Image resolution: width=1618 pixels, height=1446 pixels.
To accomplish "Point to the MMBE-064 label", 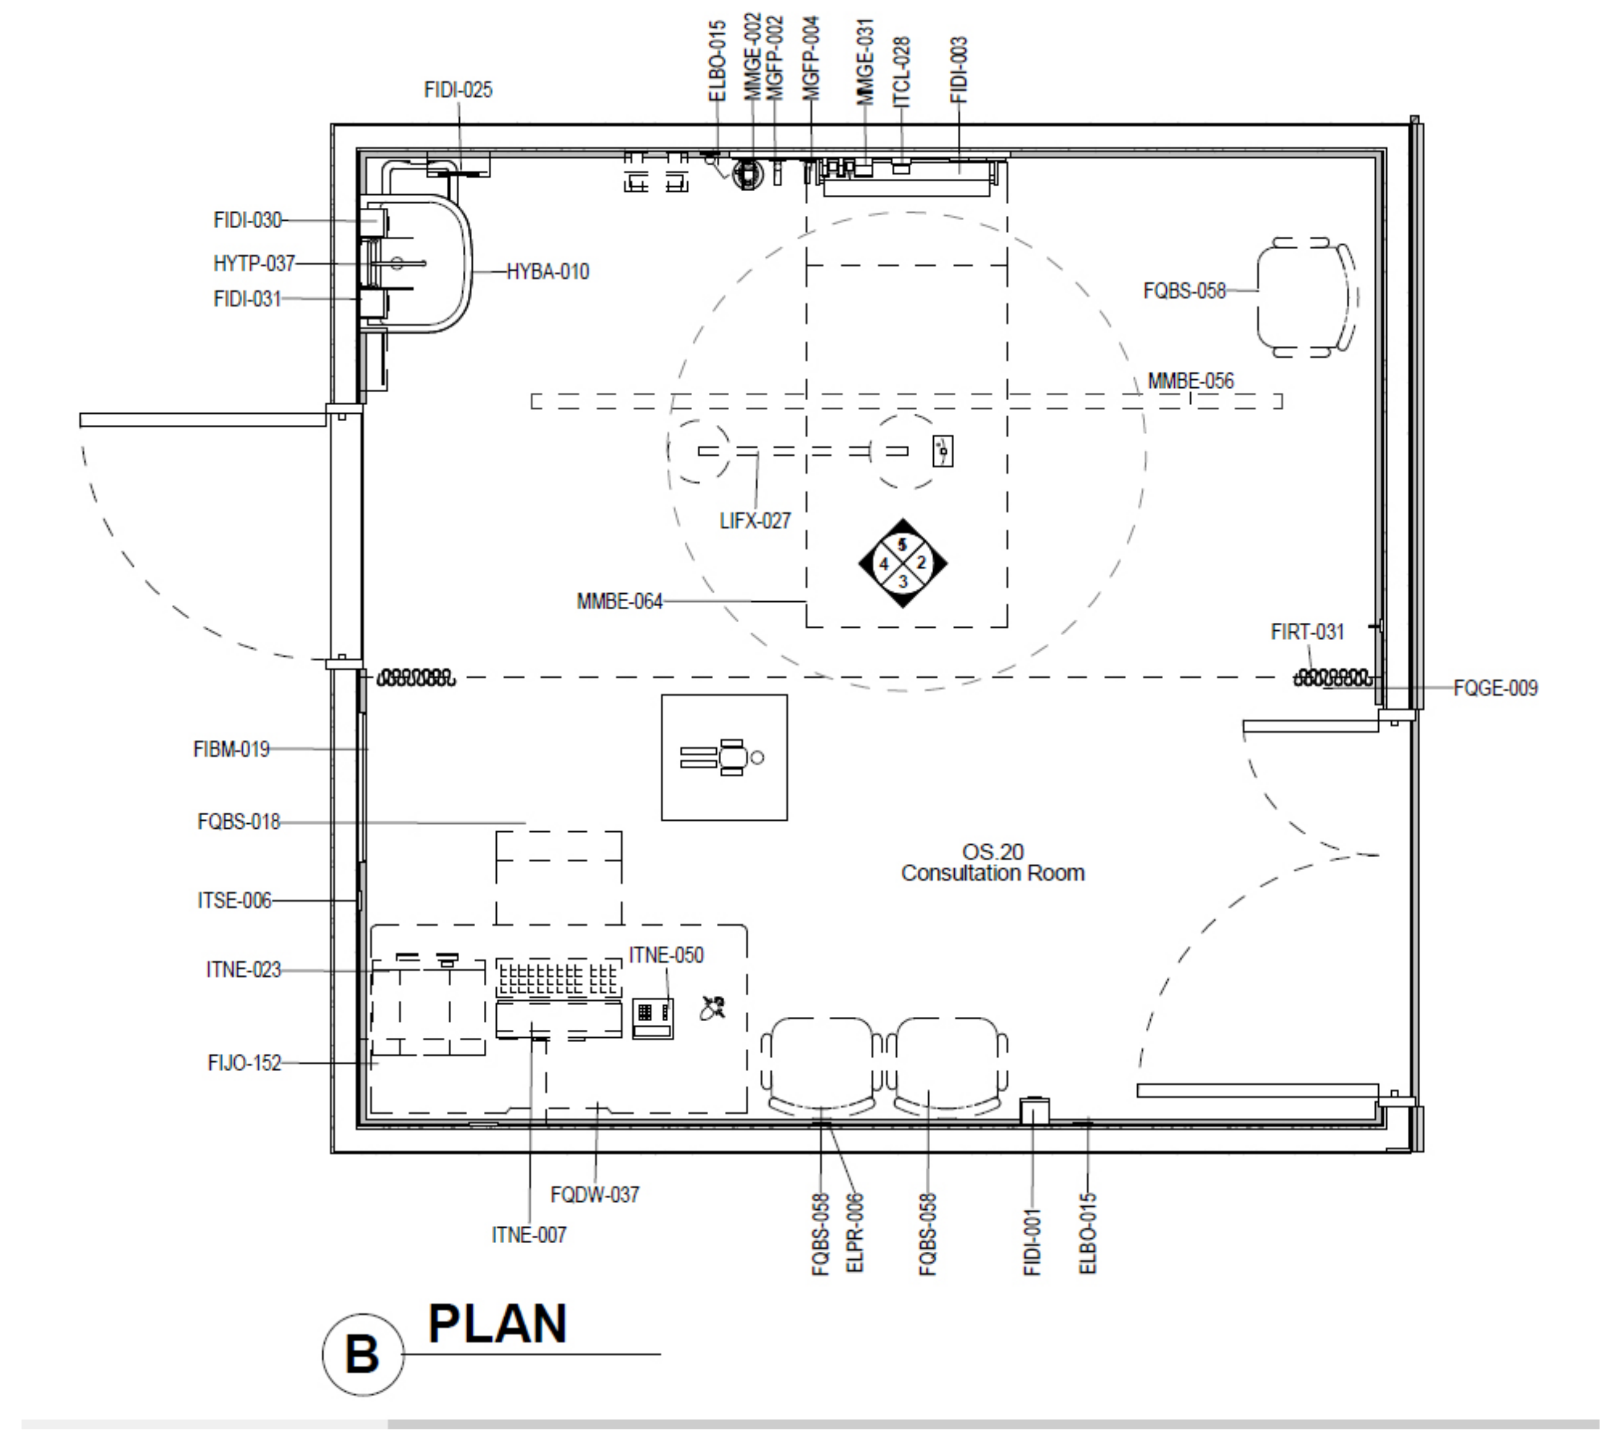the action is click(620, 601).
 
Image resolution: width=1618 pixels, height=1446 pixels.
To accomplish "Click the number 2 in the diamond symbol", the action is click(921, 563).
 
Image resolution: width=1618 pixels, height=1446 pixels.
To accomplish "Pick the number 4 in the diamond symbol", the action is click(883, 564).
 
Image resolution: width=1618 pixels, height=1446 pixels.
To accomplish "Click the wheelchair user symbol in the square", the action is click(723, 757).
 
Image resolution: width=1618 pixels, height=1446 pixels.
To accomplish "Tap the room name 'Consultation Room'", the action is click(992, 873).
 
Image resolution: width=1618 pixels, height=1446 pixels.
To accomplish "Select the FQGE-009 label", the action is click(1495, 688).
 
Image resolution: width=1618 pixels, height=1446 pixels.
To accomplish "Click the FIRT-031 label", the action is click(1308, 633).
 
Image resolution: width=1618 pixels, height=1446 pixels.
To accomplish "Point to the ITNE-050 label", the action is click(666, 955).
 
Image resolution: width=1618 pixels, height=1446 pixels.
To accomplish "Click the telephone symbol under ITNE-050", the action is click(653, 1019).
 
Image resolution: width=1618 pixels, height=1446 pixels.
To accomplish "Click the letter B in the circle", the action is click(362, 1354).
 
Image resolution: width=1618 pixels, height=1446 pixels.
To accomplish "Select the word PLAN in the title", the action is click(497, 1324).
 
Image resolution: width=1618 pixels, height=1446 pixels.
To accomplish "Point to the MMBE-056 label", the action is click(1191, 381).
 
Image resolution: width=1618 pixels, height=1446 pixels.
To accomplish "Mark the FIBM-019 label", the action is click(231, 749).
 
